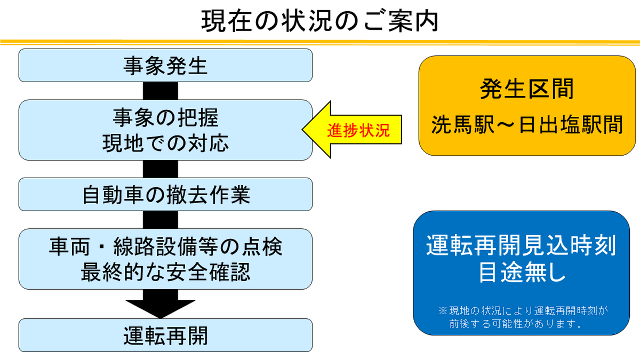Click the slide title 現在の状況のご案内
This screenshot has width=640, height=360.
pos(320,21)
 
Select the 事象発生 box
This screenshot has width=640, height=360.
pos(165,66)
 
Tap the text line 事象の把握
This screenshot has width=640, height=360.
pos(165,118)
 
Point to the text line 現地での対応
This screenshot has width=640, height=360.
pos(165,143)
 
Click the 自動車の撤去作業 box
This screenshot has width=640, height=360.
pos(165,195)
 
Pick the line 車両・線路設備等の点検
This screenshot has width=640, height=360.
pos(165,247)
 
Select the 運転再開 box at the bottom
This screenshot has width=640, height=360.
pos(165,335)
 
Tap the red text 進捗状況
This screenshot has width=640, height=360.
pos(358,131)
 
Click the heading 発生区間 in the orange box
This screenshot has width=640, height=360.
pos(527,89)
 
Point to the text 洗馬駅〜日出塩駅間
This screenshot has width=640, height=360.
pos(527,125)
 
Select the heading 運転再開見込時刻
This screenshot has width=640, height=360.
pos(521,246)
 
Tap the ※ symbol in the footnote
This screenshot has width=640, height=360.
pos(442,310)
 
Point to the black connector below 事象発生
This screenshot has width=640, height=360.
pos(153,91)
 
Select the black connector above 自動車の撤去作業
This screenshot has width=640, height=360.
pos(153,169)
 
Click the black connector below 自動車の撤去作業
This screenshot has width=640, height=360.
pos(153,220)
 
